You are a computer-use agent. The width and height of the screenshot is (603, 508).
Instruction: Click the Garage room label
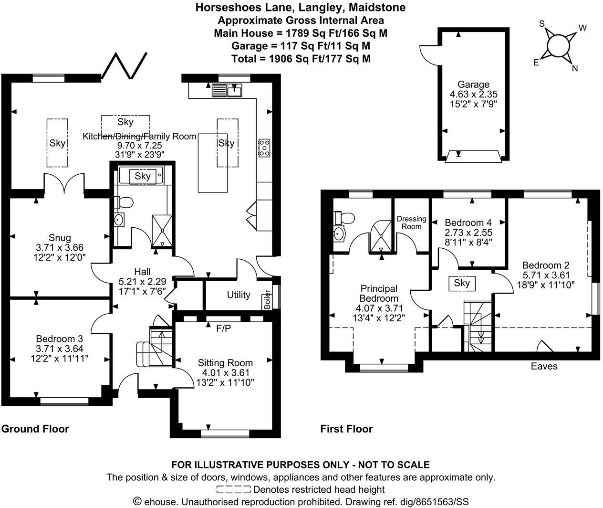coord(473,85)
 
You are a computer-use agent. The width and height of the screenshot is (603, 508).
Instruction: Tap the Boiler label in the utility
coord(267,299)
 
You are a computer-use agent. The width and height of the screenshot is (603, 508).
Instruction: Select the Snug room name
coord(60,238)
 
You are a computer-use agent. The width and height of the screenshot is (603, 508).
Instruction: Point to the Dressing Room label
coord(411,222)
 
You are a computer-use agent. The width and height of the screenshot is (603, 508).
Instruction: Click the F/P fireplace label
coord(224,328)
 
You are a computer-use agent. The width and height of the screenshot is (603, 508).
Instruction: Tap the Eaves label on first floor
coord(544,366)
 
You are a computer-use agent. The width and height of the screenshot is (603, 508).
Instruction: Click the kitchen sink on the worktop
coord(227,89)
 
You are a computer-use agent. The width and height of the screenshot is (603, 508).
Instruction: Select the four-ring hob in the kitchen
coord(263,148)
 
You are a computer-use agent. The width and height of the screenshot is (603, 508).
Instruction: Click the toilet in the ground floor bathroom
coord(124,202)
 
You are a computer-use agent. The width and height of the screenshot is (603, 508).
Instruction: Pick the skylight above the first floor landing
coord(462,283)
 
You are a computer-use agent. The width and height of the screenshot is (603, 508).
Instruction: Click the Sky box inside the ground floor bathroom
coord(142,176)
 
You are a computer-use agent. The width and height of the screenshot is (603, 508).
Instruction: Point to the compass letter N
coord(575,68)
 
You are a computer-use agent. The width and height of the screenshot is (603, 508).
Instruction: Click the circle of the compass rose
coord(558,46)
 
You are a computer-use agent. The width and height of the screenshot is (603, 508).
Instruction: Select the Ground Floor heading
coord(35,429)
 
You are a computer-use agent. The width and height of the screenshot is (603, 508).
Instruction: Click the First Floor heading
coord(346,429)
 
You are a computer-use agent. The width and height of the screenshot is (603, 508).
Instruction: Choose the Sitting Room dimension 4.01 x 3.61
coord(224,372)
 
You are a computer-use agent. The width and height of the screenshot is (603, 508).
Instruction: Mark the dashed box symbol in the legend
coord(233,489)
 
